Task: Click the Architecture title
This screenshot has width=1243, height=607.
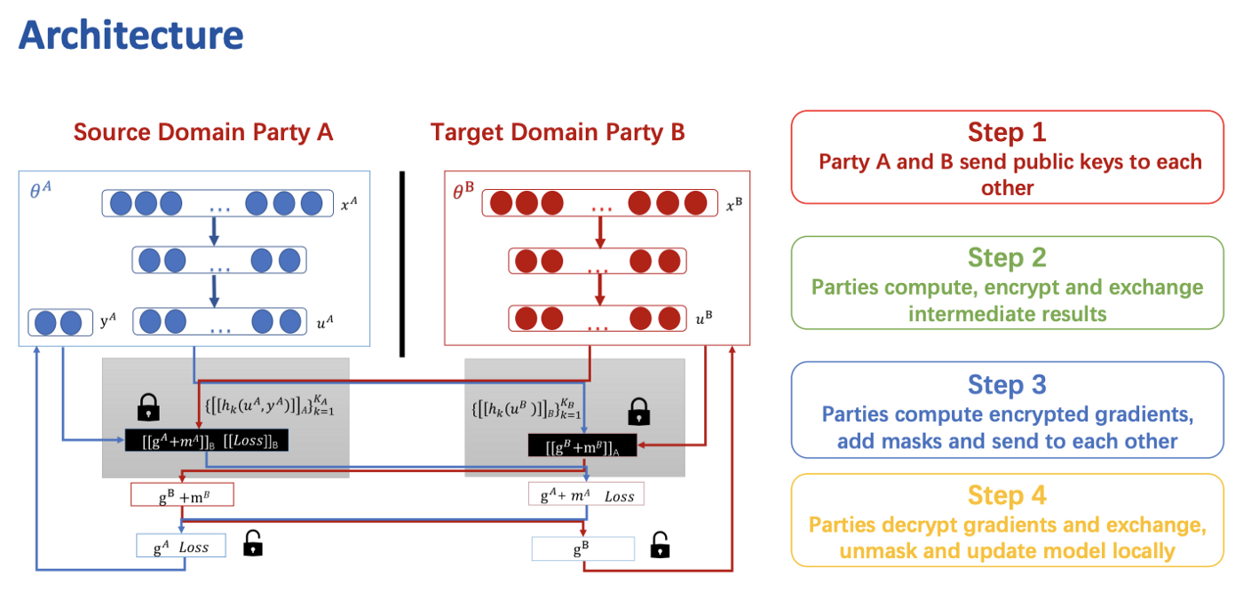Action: point(131,35)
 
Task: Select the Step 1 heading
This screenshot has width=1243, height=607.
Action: point(1007,132)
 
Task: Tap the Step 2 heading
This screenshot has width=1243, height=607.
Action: point(1007,257)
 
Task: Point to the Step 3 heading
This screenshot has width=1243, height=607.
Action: point(1007,384)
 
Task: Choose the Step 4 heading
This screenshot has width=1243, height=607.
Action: point(1007,495)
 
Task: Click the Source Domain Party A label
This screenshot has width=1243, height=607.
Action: point(203,132)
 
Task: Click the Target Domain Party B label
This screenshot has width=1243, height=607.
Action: point(558,132)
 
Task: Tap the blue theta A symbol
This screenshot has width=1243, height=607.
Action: point(41,190)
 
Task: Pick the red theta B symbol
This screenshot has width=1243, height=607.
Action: point(463,190)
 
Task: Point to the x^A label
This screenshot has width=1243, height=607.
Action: point(349,204)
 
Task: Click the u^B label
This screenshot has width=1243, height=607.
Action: point(704,319)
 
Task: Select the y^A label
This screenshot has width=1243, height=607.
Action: point(108,320)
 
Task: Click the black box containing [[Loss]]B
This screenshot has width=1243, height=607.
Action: point(206,440)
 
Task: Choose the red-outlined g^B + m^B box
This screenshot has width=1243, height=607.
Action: point(182,494)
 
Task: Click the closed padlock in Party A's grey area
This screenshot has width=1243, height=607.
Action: point(148,407)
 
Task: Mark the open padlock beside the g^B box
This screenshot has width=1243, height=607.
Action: point(660,545)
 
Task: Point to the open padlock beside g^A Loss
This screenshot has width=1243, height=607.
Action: point(253,543)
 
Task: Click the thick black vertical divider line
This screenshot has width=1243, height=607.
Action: point(402,264)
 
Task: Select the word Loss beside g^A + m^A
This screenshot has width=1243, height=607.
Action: point(620,497)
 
